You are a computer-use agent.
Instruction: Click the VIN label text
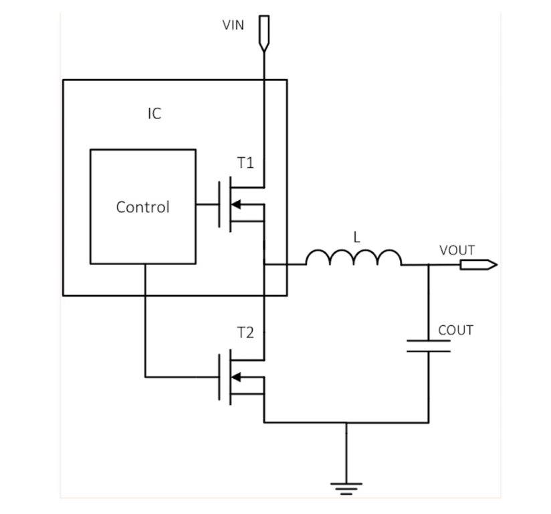coord(233,25)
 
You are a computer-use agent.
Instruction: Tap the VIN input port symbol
coord(264,32)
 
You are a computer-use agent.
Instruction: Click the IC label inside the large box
coord(154,113)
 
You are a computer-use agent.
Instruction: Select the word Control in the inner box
coord(142,207)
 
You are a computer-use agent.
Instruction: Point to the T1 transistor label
coord(245,163)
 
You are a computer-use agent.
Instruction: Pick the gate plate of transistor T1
coord(220,205)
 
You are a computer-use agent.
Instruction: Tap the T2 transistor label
coord(245,333)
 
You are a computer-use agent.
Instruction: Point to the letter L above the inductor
coord(356,237)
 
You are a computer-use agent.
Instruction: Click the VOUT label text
coord(457,250)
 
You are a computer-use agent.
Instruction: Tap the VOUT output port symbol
coord(478,264)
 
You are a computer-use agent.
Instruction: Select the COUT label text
coord(455,330)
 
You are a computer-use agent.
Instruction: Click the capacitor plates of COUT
coord(429,346)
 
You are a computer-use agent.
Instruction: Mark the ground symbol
coord(346,488)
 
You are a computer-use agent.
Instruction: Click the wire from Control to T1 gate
coord(207,205)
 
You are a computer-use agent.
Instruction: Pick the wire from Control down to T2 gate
coord(145,321)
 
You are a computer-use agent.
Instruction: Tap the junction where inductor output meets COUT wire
coord(429,264)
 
